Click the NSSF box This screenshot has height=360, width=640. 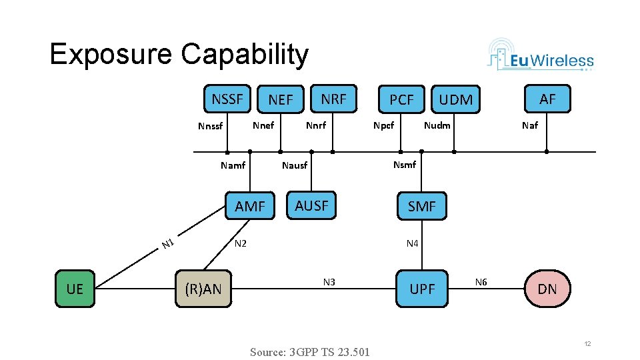(227, 99)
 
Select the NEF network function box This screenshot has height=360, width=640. (281, 100)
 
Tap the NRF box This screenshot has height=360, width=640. (334, 99)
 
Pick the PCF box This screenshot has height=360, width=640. (401, 100)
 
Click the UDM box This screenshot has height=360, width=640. (456, 100)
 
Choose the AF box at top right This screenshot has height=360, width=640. (547, 99)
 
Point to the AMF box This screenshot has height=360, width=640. (250, 207)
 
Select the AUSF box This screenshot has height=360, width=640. (312, 206)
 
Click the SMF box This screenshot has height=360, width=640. (421, 207)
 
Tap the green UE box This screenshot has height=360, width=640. (75, 289)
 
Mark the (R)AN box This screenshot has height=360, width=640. (203, 289)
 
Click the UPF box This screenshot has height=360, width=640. (422, 289)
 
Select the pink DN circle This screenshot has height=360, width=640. (547, 289)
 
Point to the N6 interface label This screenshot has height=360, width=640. (481, 282)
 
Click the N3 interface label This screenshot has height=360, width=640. (329, 282)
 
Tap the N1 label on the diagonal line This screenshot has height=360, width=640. (167, 244)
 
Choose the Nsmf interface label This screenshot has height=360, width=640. (405, 165)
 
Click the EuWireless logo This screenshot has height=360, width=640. (541, 55)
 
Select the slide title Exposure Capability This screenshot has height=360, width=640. (179, 55)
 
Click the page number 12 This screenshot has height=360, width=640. (587, 343)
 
